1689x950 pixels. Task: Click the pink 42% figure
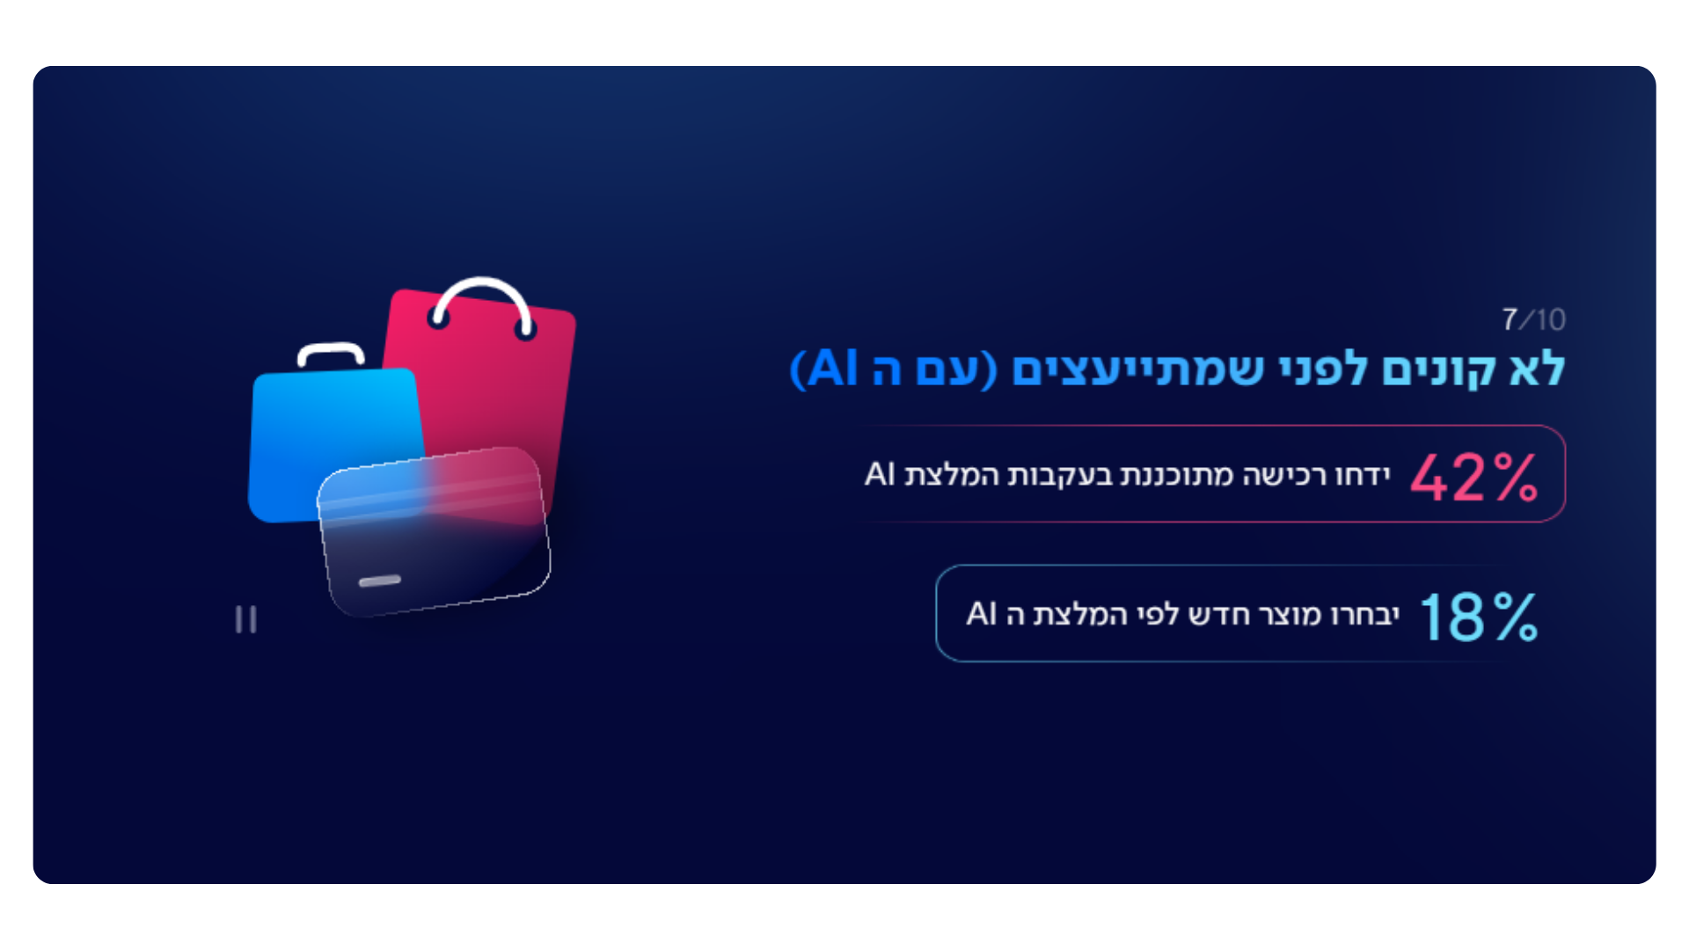[x=1474, y=477]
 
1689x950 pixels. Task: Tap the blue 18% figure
[x=1479, y=617]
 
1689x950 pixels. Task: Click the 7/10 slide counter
[x=1533, y=319]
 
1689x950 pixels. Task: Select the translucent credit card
[x=434, y=531]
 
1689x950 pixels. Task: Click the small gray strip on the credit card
[x=380, y=581]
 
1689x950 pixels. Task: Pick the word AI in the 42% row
[x=880, y=474]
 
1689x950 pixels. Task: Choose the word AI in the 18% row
[x=982, y=613]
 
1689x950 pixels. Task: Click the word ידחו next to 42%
[x=1363, y=475]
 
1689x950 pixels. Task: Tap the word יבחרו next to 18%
[x=1365, y=614]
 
